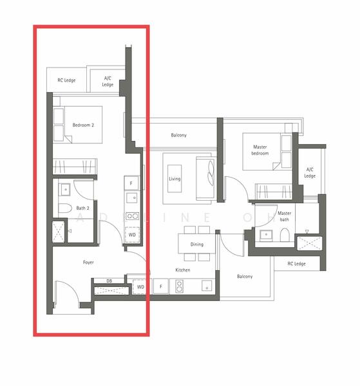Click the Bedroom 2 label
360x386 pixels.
click(83, 125)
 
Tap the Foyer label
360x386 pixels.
click(88, 262)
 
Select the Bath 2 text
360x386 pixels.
click(83, 208)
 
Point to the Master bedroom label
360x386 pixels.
click(260, 150)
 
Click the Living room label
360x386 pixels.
click(175, 179)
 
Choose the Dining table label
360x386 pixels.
click(197, 244)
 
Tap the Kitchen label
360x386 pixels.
click(183, 270)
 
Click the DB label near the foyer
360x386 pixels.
click(109, 281)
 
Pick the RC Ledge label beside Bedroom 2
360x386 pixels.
click(66, 80)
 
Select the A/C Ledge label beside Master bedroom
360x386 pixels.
click(310, 172)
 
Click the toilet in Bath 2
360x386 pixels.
click(65, 208)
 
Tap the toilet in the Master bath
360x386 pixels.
click(285, 235)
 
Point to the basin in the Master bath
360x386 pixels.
click(266, 235)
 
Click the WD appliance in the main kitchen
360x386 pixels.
click(140, 287)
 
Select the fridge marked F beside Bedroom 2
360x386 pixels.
click(131, 183)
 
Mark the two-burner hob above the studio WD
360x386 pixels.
click(132, 216)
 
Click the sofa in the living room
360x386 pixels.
click(205, 178)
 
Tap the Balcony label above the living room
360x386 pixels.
click(178, 135)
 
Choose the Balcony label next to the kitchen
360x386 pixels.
click(245, 277)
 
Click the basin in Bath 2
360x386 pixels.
click(65, 190)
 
